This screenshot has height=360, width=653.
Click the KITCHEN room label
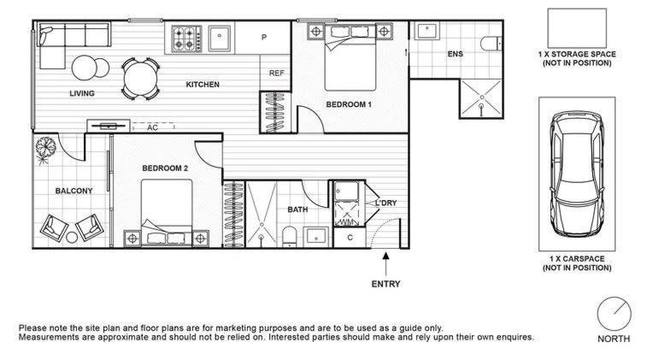pyautogui.click(x=203, y=85)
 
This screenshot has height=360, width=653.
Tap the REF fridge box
pyautogui.click(x=275, y=72)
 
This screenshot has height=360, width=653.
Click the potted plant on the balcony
pyautogui.click(x=45, y=149)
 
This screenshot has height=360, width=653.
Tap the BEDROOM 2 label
pyautogui.click(x=165, y=168)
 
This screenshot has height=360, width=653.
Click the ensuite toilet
pyautogui.click(x=491, y=44)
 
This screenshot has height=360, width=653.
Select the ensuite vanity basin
pyautogui.click(x=426, y=32)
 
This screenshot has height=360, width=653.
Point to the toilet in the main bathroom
pyautogui.click(x=289, y=236)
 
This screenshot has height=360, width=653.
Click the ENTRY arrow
pyautogui.click(x=385, y=263)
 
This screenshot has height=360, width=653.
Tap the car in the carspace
pyautogui.click(x=577, y=174)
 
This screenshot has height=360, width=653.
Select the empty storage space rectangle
pyautogui.click(x=577, y=28)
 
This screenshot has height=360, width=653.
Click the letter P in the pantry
pyautogui.click(x=264, y=38)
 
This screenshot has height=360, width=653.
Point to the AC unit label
pyautogui.click(x=152, y=127)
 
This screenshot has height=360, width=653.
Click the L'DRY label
pyautogui.click(x=386, y=203)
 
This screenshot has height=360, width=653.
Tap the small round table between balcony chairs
pyautogui.click(x=72, y=237)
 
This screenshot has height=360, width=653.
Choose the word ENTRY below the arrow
pyautogui.click(x=385, y=284)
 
